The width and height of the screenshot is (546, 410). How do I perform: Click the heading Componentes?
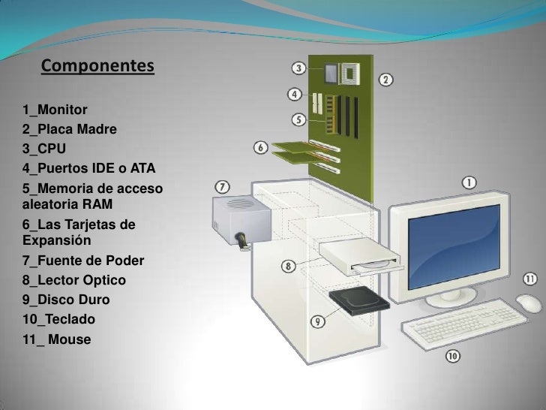[97, 67]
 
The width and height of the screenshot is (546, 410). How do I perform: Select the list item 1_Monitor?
[55, 110]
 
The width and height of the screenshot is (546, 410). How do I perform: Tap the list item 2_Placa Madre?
[70, 129]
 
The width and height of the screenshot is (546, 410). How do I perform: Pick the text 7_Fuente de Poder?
[83, 261]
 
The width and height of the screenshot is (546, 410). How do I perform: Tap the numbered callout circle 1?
[467, 182]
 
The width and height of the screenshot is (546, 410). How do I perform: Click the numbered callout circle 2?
[385, 80]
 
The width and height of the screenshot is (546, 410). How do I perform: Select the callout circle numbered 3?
[298, 68]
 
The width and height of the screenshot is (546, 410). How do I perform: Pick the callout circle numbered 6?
[260, 148]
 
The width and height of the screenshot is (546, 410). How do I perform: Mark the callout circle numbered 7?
[223, 185]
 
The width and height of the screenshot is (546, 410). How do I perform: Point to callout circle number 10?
[453, 355]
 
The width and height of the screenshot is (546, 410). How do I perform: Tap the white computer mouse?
[529, 303]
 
